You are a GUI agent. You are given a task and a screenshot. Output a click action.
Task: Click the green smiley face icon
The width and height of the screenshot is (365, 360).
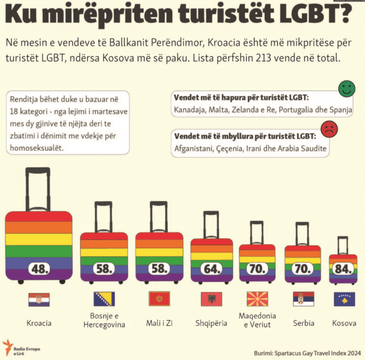346,89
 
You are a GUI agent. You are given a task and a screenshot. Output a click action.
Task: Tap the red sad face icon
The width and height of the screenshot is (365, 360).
329,129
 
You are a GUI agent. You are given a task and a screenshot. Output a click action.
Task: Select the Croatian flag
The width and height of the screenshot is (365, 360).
39,299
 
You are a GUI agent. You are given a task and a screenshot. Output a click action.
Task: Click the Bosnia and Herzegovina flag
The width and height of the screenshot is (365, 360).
104,299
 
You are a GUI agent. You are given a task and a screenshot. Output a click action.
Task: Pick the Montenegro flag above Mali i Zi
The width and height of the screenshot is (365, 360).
160,299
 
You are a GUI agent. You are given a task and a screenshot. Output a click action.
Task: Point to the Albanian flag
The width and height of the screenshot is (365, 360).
211,299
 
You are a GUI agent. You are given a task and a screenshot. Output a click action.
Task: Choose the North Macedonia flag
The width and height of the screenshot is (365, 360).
257,299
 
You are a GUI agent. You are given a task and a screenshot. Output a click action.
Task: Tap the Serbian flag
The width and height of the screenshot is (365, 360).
304,299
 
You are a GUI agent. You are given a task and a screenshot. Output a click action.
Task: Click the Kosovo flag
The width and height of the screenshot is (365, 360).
344,299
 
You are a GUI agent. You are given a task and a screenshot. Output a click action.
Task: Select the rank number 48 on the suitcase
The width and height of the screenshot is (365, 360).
39,269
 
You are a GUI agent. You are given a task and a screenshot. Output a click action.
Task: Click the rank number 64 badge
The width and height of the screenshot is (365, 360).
211,269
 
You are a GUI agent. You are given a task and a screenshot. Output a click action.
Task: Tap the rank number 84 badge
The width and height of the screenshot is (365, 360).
343,269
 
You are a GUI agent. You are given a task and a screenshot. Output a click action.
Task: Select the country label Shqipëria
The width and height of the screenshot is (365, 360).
211,323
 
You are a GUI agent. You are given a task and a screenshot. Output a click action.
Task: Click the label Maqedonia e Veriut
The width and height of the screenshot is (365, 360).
257,320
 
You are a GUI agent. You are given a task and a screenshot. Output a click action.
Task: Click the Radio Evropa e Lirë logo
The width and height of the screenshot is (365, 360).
21,347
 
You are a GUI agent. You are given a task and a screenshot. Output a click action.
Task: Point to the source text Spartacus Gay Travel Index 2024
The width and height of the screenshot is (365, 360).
318,353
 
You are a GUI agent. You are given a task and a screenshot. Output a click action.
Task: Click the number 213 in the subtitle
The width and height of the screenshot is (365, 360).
264,58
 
